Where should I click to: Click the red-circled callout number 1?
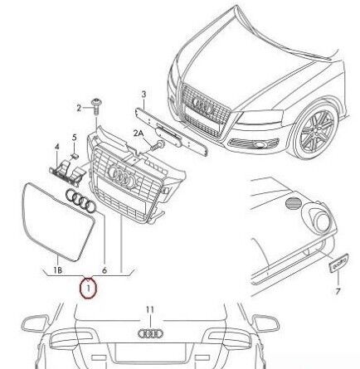tap(89, 289)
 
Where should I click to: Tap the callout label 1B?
tap(57, 270)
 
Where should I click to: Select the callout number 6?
tap(105, 270)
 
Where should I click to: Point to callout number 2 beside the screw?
tap(79, 108)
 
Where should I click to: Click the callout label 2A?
tap(139, 134)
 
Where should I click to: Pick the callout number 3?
tap(144, 95)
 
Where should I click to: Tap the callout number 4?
tap(56, 147)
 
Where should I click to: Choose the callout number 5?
tap(74, 137)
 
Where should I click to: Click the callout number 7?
tap(338, 291)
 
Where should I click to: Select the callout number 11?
tap(149, 310)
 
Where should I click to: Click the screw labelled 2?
tap(96, 106)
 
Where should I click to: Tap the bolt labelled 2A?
tap(158, 145)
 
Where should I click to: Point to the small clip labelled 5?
tap(75, 156)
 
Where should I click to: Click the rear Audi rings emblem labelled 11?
tap(150, 333)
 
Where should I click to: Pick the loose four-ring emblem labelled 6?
tap(80, 201)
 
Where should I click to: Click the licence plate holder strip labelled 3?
tap(171, 132)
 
